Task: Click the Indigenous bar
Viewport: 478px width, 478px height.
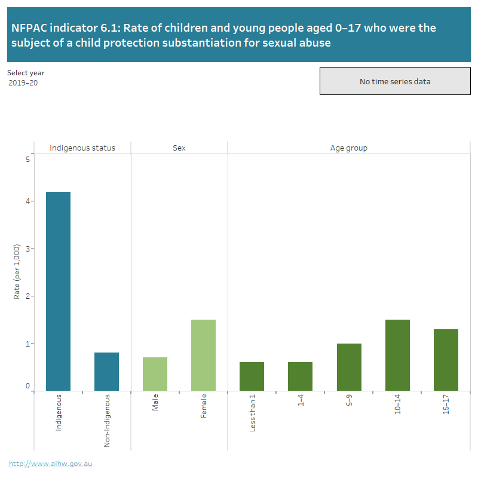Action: [58, 291]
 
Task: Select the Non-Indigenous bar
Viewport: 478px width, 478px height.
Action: [106, 372]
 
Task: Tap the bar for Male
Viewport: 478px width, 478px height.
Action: [155, 374]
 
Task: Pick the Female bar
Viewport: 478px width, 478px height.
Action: [203, 355]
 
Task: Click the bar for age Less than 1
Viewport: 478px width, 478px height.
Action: [252, 376]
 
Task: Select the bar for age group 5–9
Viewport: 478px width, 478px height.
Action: [349, 367]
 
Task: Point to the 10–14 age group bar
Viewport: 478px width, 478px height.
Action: [397, 355]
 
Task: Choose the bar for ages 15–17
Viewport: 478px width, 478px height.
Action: [446, 360]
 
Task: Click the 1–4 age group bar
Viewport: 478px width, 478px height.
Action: [300, 376]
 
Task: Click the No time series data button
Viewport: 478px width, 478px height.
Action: [395, 81]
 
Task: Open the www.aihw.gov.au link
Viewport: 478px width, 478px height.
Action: [50, 463]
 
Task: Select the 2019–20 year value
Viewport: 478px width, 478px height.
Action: [23, 83]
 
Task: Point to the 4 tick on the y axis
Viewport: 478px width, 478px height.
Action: [27, 201]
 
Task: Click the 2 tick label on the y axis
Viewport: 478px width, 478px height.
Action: [27, 296]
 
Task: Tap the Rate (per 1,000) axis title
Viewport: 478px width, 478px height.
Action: [17, 271]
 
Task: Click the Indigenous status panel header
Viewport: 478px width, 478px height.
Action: [82, 148]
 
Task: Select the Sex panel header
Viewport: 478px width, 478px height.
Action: [179, 148]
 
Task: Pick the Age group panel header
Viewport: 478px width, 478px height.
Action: [349, 148]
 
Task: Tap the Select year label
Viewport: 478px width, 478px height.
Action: [26, 73]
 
